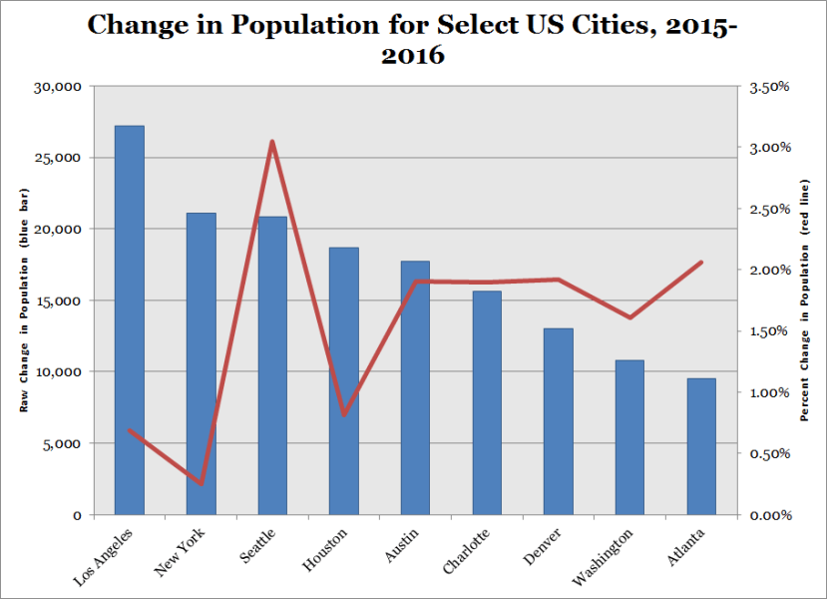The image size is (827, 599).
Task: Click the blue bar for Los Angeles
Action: [130, 319]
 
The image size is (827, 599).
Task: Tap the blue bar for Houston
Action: [344, 380]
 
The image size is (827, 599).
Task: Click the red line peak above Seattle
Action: [272, 142]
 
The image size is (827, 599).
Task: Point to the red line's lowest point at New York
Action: [202, 484]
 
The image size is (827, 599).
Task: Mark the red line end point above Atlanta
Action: [701, 263]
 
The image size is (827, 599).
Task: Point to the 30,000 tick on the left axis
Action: [58, 87]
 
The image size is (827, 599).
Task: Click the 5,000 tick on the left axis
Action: [62, 443]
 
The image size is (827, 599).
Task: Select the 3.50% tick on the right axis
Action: [769, 87]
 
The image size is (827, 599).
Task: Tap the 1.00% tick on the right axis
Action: [769, 392]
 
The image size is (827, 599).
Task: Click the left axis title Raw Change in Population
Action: [22, 299]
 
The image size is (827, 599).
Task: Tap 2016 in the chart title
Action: [413, 56]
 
